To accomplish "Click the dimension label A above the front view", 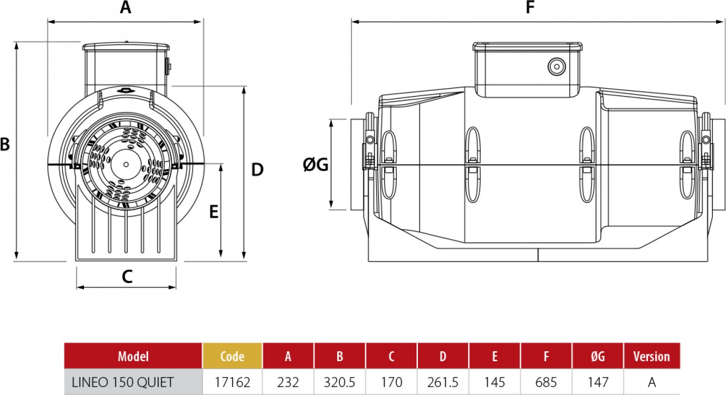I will pos(125,8).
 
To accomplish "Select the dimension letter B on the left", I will pos(5,144).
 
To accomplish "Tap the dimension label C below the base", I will pos(127,276).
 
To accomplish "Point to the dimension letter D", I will pos(257,170).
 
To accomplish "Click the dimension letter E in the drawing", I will pos(214,212).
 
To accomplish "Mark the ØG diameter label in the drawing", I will pos(316,165).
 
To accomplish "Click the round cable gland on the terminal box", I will pos(556,66).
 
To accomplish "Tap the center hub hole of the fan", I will pos(126,164).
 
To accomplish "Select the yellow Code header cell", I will pos(232,356).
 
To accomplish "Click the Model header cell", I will pos(133,356).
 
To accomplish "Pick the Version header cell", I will pos(652,356).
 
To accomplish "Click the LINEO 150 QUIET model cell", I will pos(122,382).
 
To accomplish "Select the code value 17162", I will pos(232,382).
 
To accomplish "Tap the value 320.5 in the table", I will pos(340,382).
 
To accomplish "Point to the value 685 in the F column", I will pos(546,382).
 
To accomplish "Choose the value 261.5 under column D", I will pos(443,382).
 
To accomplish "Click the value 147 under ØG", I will pos(597,382).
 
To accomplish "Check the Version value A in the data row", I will pos(652,382).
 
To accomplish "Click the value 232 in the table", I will pos(288,382).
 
